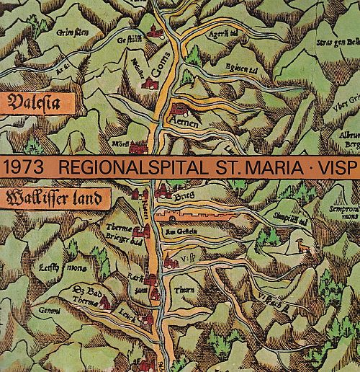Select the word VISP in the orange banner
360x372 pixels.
333,167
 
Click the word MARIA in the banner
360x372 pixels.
271,167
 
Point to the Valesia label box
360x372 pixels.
33,101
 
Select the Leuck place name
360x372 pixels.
128,316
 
